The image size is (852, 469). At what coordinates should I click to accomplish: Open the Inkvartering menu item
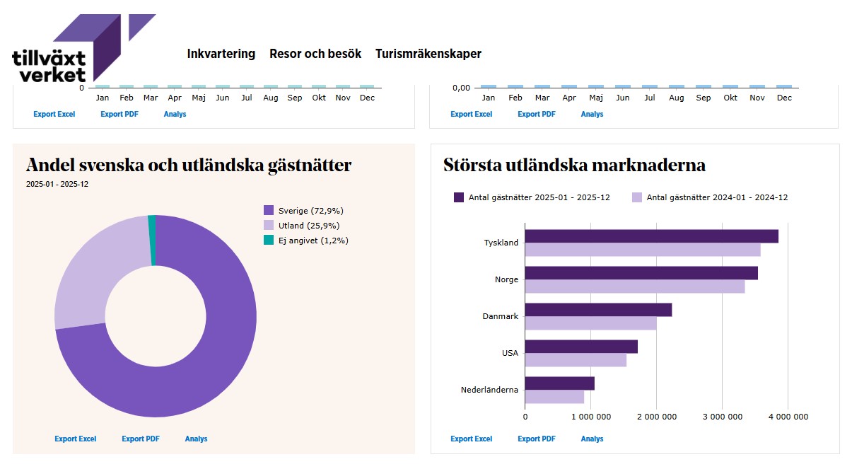click(221, 54)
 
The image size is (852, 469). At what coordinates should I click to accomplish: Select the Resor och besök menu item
click(315, 54)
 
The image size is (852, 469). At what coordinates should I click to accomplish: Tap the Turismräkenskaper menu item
click(428, 54)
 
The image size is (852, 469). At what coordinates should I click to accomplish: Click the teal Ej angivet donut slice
click(152, 241)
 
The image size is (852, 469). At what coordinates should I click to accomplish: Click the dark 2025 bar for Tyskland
click(650, 236)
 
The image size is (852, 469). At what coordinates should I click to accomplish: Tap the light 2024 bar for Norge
click(634, 286)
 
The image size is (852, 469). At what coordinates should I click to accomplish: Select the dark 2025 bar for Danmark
click(597, 310)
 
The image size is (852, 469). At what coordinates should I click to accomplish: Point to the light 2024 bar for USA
click(576, 360)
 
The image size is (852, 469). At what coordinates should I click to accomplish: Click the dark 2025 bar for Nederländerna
click(559, 383)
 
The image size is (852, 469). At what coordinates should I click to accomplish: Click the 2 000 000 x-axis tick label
click(656, 417)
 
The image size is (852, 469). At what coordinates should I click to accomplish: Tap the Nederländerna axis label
click(489, 390)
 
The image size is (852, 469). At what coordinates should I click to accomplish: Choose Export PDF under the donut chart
click(141, 439)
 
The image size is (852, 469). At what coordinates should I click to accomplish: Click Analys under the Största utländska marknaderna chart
click(592, 439)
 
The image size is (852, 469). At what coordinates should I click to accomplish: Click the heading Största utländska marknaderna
click(574, 166)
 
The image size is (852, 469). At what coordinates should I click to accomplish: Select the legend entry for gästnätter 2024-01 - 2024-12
click(709, 197)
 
